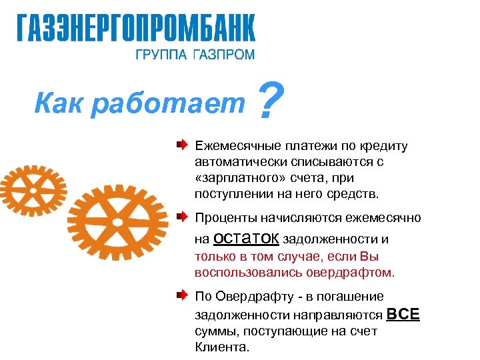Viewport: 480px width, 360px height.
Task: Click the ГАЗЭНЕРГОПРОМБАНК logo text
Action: click(x=135, y=29)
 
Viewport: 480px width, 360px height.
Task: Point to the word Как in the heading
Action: click(x=55, y=103)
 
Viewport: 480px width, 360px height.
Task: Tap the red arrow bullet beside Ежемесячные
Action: click(x=182, y=144)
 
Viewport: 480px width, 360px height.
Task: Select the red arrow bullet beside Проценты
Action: click(x=182, y=217)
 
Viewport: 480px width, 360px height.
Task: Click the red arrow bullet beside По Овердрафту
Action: click(x=182, y=295)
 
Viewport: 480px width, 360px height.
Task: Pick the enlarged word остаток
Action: click(x=246, y=238)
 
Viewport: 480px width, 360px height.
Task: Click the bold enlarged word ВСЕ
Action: click(x=403, y=314)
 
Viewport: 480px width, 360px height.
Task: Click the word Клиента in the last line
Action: click(x=221, y=347)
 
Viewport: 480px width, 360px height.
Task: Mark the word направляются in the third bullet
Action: click(x=341, y=315)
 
